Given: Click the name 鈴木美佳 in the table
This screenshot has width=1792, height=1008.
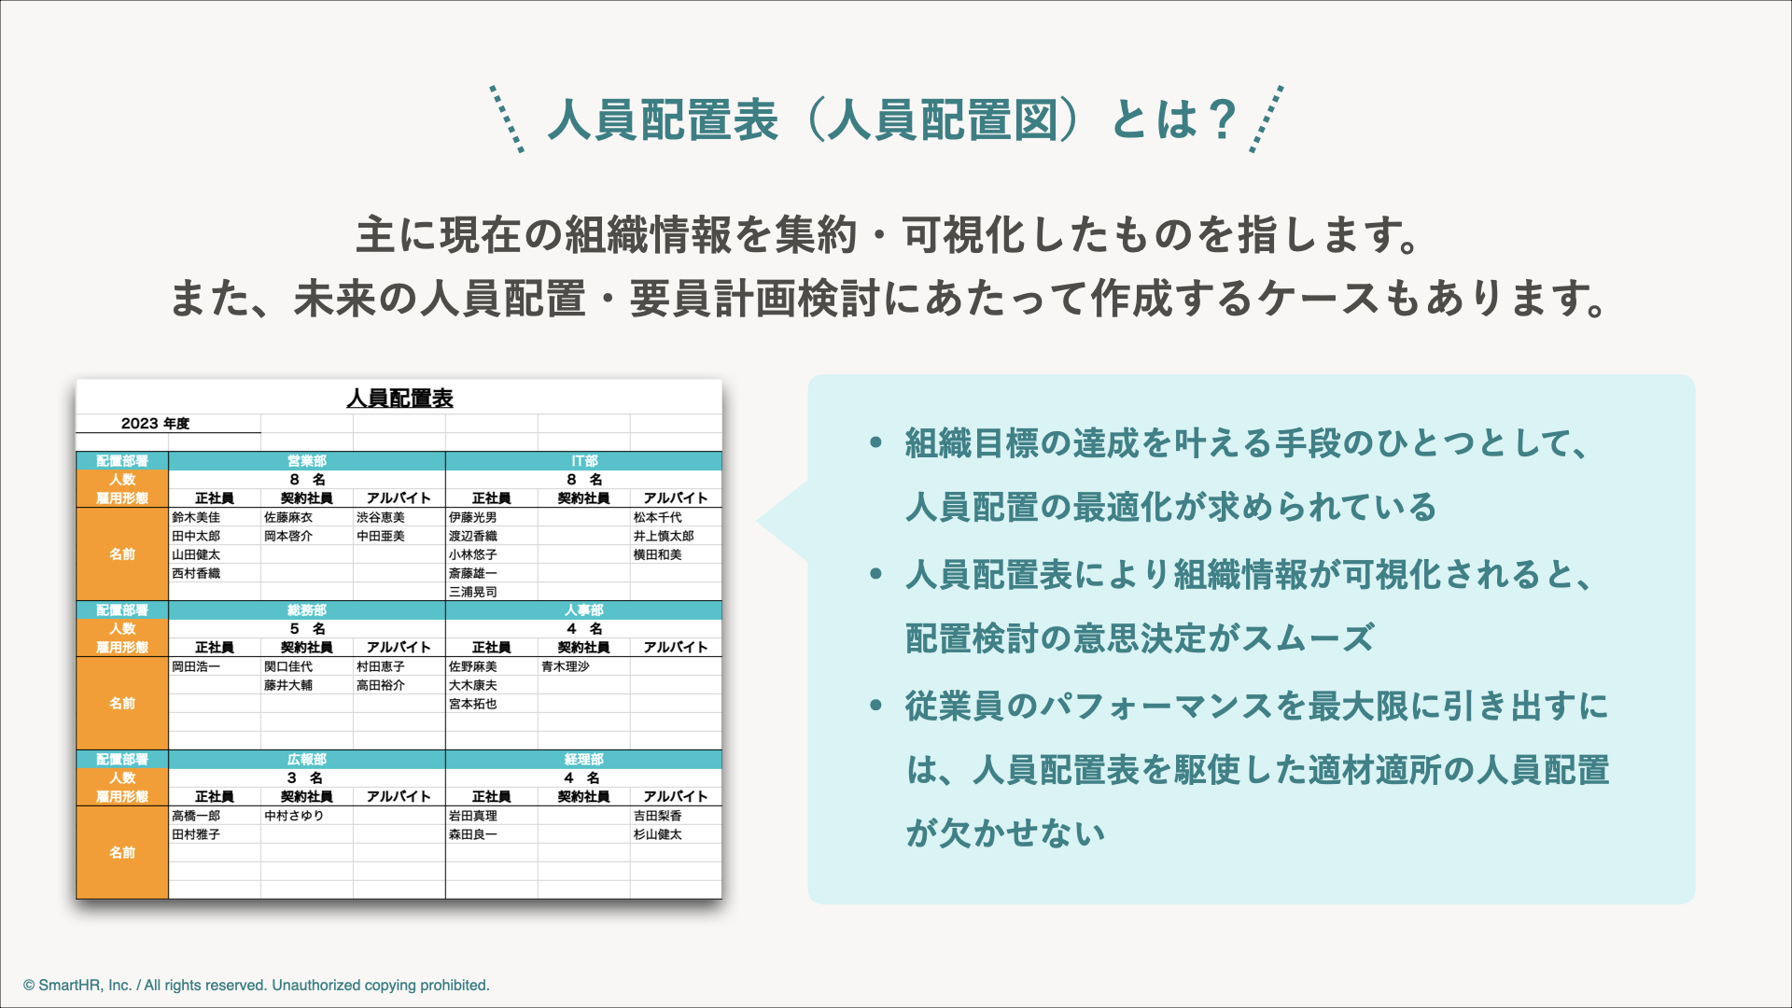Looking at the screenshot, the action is [x=196, y=517].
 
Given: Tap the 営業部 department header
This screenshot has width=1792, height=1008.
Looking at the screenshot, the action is [x=307, y=461].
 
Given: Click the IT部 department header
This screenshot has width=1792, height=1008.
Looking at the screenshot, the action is [x=584, y=461].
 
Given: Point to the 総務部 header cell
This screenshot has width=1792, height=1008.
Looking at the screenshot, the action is [x=307, y=610].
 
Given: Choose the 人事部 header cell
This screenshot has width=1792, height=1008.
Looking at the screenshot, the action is [x=584, y=610].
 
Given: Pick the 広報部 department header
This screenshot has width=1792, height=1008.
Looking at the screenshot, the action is [x=307, y=760].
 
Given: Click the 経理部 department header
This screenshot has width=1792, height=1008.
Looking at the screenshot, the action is [x=584, y=760].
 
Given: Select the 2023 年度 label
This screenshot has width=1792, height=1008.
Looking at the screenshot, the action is [x=155, y=424].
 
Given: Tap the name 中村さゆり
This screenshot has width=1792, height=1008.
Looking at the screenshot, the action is [x=294, y=816].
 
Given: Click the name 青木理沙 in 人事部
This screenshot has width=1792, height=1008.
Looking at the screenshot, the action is [x=566, y=666].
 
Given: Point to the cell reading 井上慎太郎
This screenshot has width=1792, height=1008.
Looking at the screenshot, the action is [x=664, y=536].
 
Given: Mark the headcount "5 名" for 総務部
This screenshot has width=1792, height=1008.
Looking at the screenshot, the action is [x=307, y=629].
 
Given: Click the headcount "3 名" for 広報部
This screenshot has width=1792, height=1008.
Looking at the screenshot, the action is [x=305, y=778].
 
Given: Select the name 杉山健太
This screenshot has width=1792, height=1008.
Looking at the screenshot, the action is [x=658, y=834].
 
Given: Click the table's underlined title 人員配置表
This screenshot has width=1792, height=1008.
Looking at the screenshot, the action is [x=399, y=399].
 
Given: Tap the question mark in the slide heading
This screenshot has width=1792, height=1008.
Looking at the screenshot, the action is [x=1221, y=120].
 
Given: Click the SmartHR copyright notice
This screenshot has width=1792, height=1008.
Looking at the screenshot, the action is [x=257, y=986].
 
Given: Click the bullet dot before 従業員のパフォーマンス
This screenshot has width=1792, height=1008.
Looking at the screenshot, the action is [x=875, y=705].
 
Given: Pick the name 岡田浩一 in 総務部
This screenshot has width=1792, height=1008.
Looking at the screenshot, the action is [x=196, y=666].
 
